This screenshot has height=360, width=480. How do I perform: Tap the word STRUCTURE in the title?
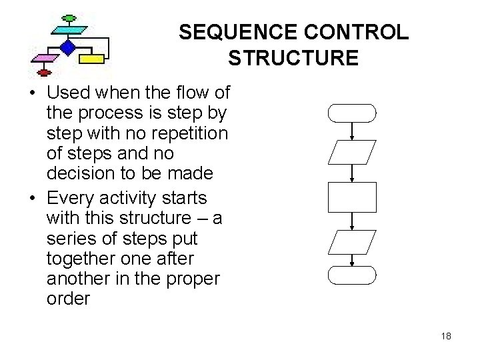coord(293,58)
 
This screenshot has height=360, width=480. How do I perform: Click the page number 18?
coord(446,336)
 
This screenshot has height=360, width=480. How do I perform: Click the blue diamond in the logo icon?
coord(67,47)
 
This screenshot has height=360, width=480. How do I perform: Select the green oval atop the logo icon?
coord(69,17)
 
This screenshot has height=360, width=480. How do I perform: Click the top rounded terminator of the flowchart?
coord(352,114)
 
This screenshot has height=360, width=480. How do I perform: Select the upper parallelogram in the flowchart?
coord(352,153)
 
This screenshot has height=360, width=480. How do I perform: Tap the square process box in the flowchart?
coord(352,197)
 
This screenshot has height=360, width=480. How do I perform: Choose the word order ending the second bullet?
coord(68,298)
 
